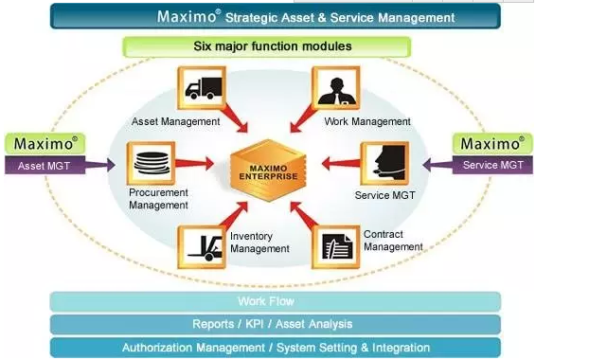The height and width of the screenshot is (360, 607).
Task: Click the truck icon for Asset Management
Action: pos(200,89)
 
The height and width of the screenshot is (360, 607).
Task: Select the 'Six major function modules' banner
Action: pos(266,46)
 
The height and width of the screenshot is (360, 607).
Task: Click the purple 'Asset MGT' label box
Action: pos(45,165)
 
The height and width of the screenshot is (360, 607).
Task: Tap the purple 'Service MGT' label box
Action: pos(492,165)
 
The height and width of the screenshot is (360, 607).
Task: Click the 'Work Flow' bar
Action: pos(275,301)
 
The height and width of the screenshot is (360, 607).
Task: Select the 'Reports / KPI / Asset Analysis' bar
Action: pos(275,324)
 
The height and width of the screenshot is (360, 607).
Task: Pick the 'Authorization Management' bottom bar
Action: pos(275,348)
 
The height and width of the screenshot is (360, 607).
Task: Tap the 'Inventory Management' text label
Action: pos(259,242)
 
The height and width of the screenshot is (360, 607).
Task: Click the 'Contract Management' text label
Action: pos(393,240)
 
